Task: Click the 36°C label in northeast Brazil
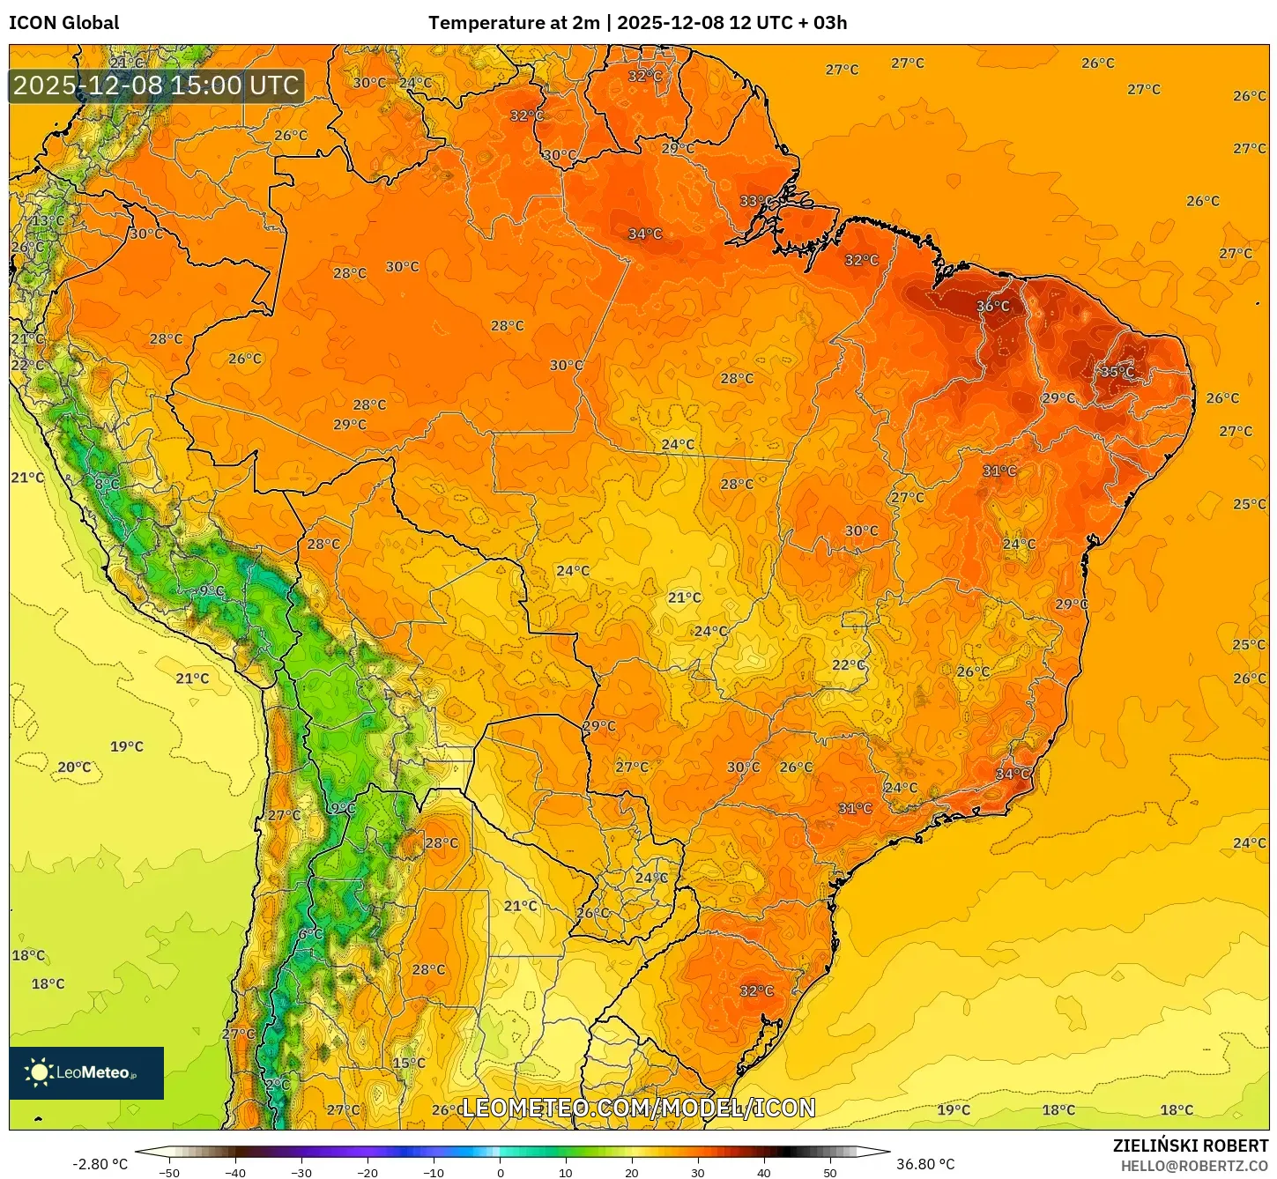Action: pos(992,307)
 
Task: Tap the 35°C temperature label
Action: pos(1117,372)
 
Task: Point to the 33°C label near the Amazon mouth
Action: pos(755,201)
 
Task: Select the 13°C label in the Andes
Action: pos(48,220)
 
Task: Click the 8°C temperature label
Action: pos(107,484)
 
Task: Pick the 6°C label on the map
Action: pos(310,934)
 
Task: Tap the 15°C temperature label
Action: pos(408,1063)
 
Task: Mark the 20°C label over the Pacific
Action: pos(74,767)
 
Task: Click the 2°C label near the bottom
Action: pos(277,1084)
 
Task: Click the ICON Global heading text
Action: pos(63,23)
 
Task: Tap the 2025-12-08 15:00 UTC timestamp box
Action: pos(156,85)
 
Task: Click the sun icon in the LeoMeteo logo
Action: pos(39,1072)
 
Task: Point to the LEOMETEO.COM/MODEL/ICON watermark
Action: pos(638,1108)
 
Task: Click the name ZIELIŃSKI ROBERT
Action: pos(1190,1146)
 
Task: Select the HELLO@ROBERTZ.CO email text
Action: pos(1194,1166)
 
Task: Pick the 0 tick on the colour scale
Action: pos(500,1173)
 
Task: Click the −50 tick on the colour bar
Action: pos(168,1173)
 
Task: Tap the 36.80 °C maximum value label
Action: pos(925,1164)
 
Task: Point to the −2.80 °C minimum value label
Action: pos(100,1164)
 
